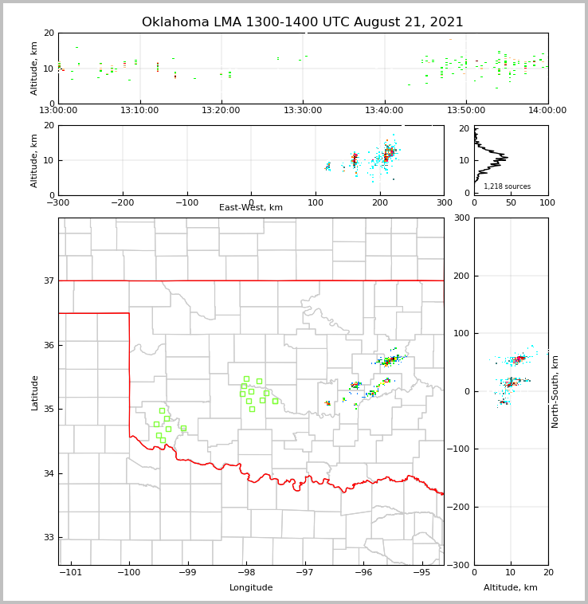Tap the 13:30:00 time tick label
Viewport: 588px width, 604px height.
pyautogui.click(x=303, y=110)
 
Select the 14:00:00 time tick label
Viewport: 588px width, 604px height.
pyautogui.click(x=547, y=110)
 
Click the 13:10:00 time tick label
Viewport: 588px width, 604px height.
pyautogui.click(x=140, y=110)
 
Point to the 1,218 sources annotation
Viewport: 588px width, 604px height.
pyautogui.click(x=507, y=186)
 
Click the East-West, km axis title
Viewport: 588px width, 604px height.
pyautogui.click(x=251, y=208)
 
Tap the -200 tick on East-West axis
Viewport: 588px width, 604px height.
pyautogui.click(x=122, y=202)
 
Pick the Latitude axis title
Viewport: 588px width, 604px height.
pyautogui.click(x=34, y=392)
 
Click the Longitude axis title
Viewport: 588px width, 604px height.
pyautogui.click(x=251, y=588)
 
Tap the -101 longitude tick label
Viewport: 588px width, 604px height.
pyautogui.click(x=72, y=573)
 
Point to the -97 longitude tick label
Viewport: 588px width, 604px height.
pyautogui.click(x=304, y=573)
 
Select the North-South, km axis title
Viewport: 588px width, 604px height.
pyautogui.click(x=555, y=391)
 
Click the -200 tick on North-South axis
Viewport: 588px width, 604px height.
pyautogui.click(x=458, y=507)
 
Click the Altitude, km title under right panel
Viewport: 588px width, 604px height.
pyautogui.click(x=511, y=588)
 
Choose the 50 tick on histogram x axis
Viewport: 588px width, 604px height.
pyautogui.click(x=511, y=202)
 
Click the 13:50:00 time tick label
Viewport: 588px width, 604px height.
pyautogui.click(x=466, y=110)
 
